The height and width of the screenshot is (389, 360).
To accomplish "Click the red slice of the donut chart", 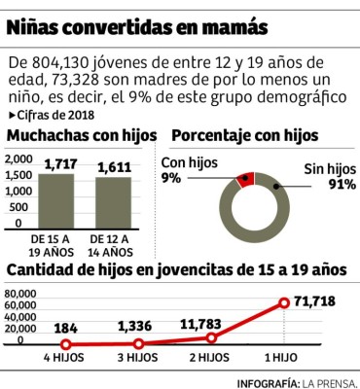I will tap(245, 177).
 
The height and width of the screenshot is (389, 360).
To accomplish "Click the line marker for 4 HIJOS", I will tap(65, 343).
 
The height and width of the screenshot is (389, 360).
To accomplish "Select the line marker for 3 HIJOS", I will tap(138, 343).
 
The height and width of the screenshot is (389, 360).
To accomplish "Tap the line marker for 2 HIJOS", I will tap(211, 337).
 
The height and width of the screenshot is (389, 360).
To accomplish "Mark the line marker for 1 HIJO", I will tap(284, 302).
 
